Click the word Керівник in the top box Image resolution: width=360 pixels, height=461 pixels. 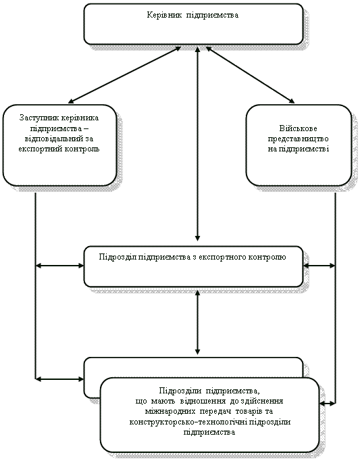click(x=164, y=16)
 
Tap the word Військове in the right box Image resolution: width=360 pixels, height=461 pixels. click(x=299, y=128)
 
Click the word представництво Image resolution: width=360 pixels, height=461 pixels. click(x=299, y=139)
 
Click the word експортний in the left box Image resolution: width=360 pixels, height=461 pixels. click(x=38, y=149)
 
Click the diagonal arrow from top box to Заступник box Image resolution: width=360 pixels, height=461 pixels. click(x=124, y=75)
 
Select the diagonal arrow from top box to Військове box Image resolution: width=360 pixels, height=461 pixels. click(x=251, y=75)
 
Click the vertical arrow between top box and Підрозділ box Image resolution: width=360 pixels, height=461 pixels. click(x=197, y=144)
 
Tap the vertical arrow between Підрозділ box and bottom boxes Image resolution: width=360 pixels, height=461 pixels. click(x=197, y=322)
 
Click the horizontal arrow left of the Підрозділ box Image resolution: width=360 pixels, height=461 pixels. click(x=59, y=266)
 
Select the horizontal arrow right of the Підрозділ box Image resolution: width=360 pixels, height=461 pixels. click(x=319, y=266)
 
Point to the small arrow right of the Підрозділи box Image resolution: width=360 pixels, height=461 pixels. click(x=328, y=404)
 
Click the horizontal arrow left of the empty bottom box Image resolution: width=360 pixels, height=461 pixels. click(x=59, y=379)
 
